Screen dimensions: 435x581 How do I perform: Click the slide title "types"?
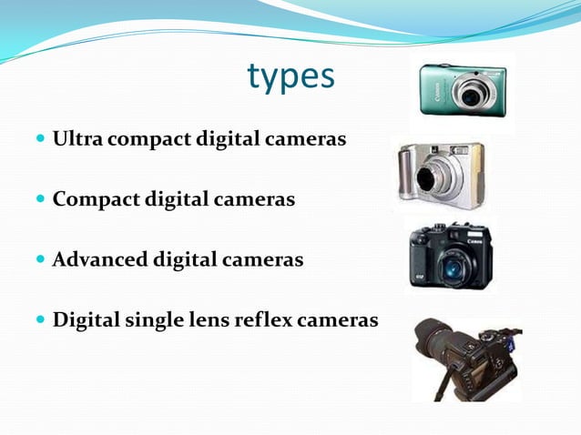click(x=290, y=78)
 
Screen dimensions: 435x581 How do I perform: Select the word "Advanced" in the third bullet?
click(x=98, y=260)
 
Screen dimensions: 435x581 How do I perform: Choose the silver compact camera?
click(x=441, y=173)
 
